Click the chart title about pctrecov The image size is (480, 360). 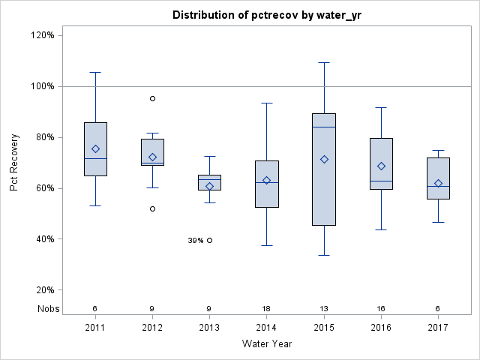[x=267, y=15]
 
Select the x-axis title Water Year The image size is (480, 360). [x=267, y=343]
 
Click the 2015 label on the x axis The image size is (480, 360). [x=324, y=328]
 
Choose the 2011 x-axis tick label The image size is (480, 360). [x=95, y=328]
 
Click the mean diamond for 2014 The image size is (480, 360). [x=267, y=180]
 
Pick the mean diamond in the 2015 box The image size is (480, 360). [x=324, y=159]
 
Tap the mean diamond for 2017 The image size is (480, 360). [x=439, y=183]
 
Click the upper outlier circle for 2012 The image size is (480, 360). [x=152, y=98]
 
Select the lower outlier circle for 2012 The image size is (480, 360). [x=152, y=208]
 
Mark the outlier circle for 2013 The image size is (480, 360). [x=210, y=240]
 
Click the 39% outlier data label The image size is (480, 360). [x=196, y=240]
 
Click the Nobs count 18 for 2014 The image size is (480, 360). [x=267, y=308]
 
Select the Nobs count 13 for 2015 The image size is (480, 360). [x=324, y=308]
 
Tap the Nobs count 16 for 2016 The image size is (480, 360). [x=381, y=308]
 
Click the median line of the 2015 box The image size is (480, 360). [x=324, y=127]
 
